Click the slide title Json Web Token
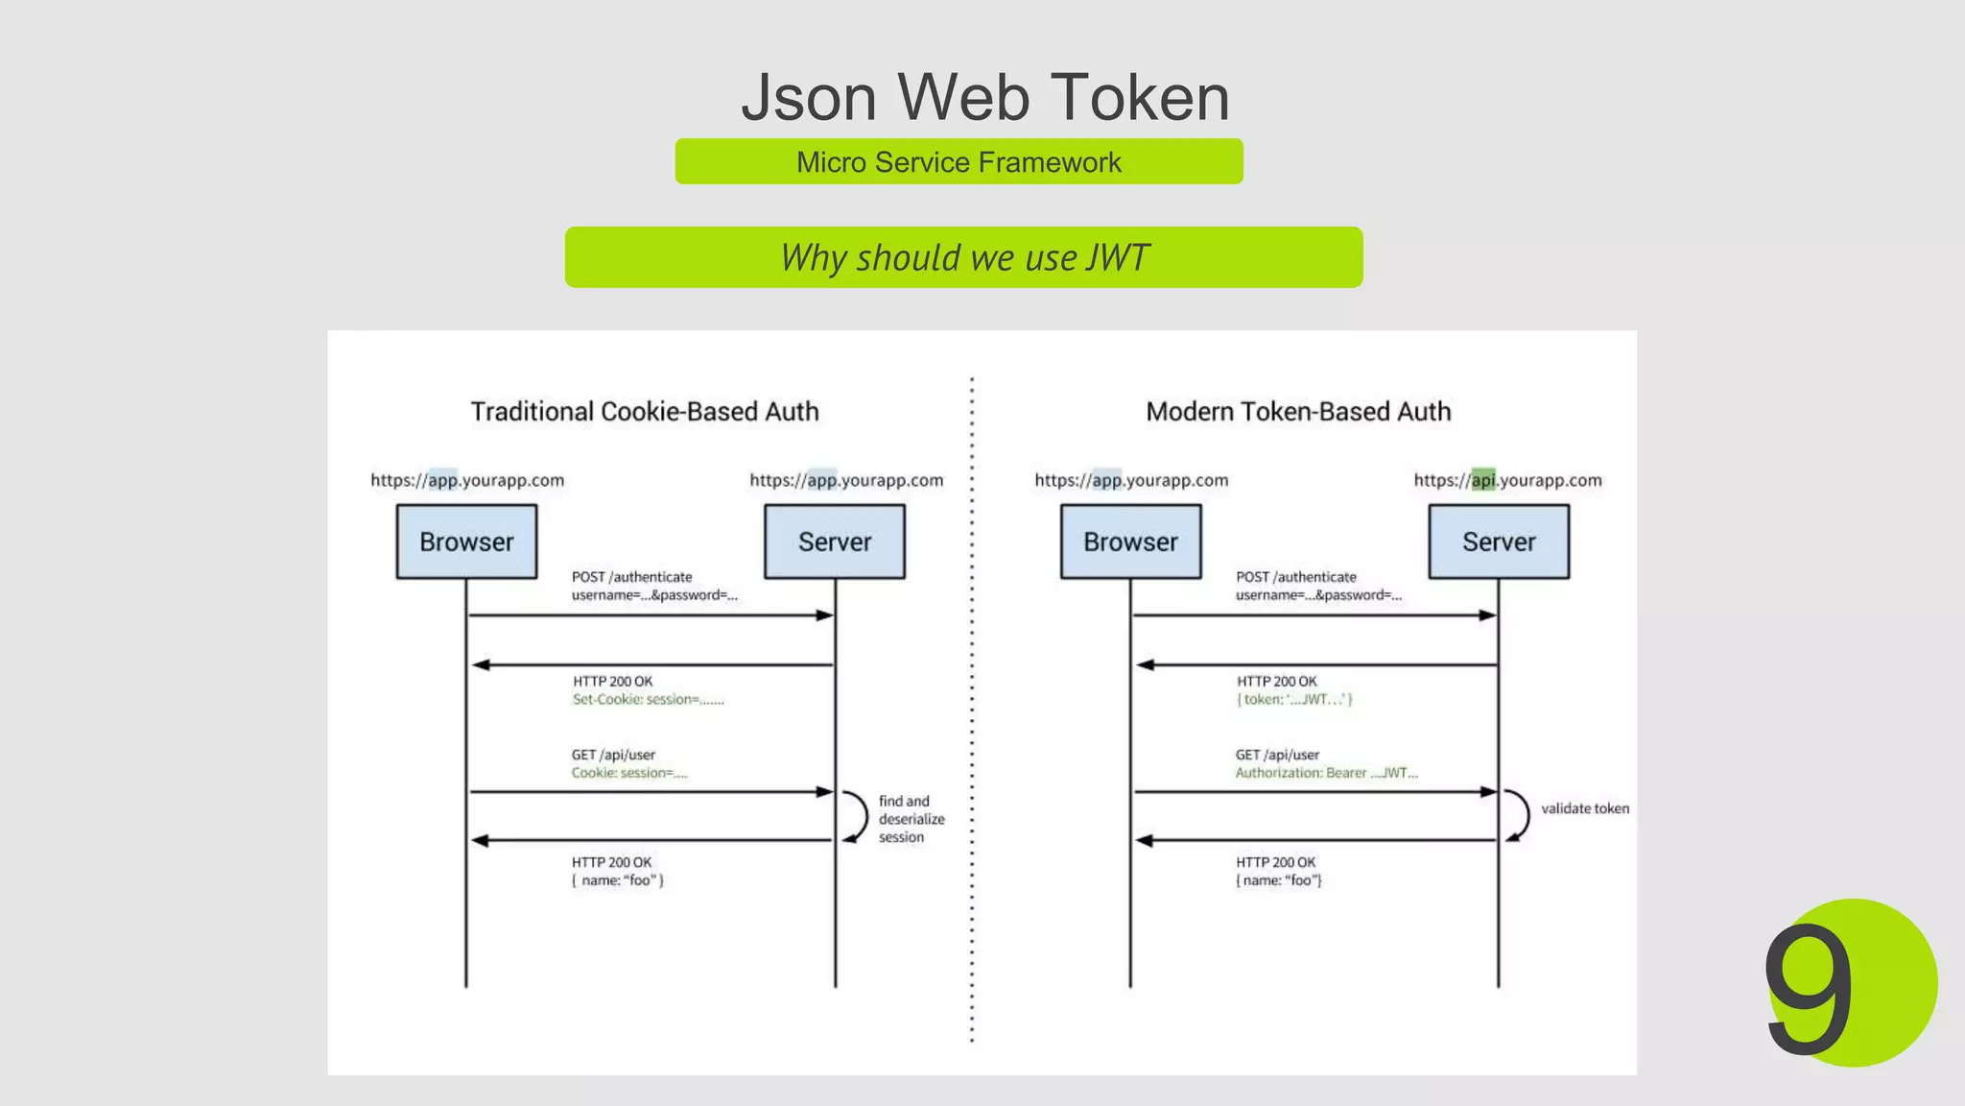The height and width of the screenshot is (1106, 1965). pos(984,98)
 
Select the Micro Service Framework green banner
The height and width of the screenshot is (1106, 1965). pos(959,162)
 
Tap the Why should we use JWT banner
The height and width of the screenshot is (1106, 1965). pos(963,257)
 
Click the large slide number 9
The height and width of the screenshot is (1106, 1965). pos(1810,989)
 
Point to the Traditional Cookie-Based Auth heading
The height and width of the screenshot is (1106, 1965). pos(645,412)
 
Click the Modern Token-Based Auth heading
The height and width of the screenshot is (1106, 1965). pos(1298,412)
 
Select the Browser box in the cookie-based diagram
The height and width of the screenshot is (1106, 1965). pos(466,541)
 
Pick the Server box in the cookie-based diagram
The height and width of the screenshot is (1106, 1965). pos(835,541)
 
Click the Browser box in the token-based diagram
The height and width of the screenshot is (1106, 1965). pos(1130,541)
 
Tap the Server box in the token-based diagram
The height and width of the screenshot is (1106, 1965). pos(1499,541)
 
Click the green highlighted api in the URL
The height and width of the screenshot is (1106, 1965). pos(1483,480)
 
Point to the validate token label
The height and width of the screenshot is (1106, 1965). pos(1585,808)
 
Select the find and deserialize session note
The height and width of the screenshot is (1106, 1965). pos(911,819)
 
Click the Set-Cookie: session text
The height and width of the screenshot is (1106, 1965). pos(648,700)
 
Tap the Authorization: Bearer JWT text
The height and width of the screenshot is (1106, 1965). pos(1326,773)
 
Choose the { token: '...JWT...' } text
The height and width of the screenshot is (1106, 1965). pos(1294,700)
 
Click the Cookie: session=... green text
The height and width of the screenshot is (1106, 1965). pos(629,773)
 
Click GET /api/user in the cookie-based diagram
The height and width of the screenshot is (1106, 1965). pos(613,755)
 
